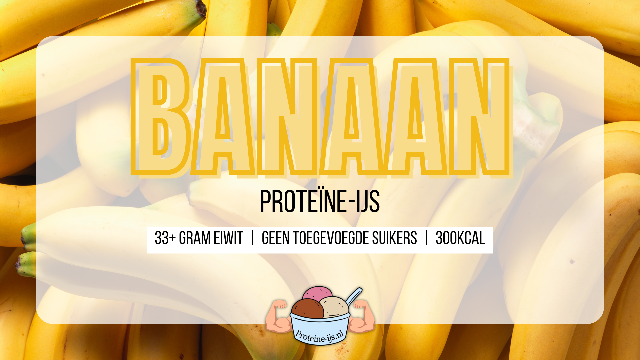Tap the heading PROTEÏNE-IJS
point(320,201)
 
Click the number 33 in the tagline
point(162,238)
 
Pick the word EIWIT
point(228,238)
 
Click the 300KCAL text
point(460,238)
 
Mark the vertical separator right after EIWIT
point(253,238)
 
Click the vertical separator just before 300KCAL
point(426,238)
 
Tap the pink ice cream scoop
point(317,293)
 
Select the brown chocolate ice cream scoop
point(307,309)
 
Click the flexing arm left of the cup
point(278,317)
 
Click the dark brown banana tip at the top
point(201,9)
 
